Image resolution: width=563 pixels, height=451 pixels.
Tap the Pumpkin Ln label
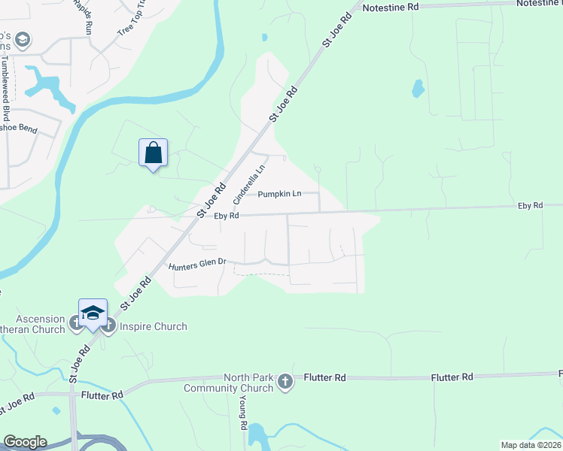pyautogui.click(x=279, y=194)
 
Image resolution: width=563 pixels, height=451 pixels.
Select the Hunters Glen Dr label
pyautogui.click(x=197, y=264)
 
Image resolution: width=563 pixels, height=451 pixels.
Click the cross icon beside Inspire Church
pyautogui.click(x=108, y=325)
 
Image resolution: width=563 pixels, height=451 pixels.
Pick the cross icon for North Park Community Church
pyautogui.click(x=285, y=382)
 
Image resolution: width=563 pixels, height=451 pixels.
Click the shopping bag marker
pyautogui.click(x=154, y=153)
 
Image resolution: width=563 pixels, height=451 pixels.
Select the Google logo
pyautogui.click(x=25, y=442)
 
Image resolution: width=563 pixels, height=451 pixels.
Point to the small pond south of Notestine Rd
pyautogui.click(x=418, y=89)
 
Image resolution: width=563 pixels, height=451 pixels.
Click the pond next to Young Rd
pyautogui.click(x=257, y=434)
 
